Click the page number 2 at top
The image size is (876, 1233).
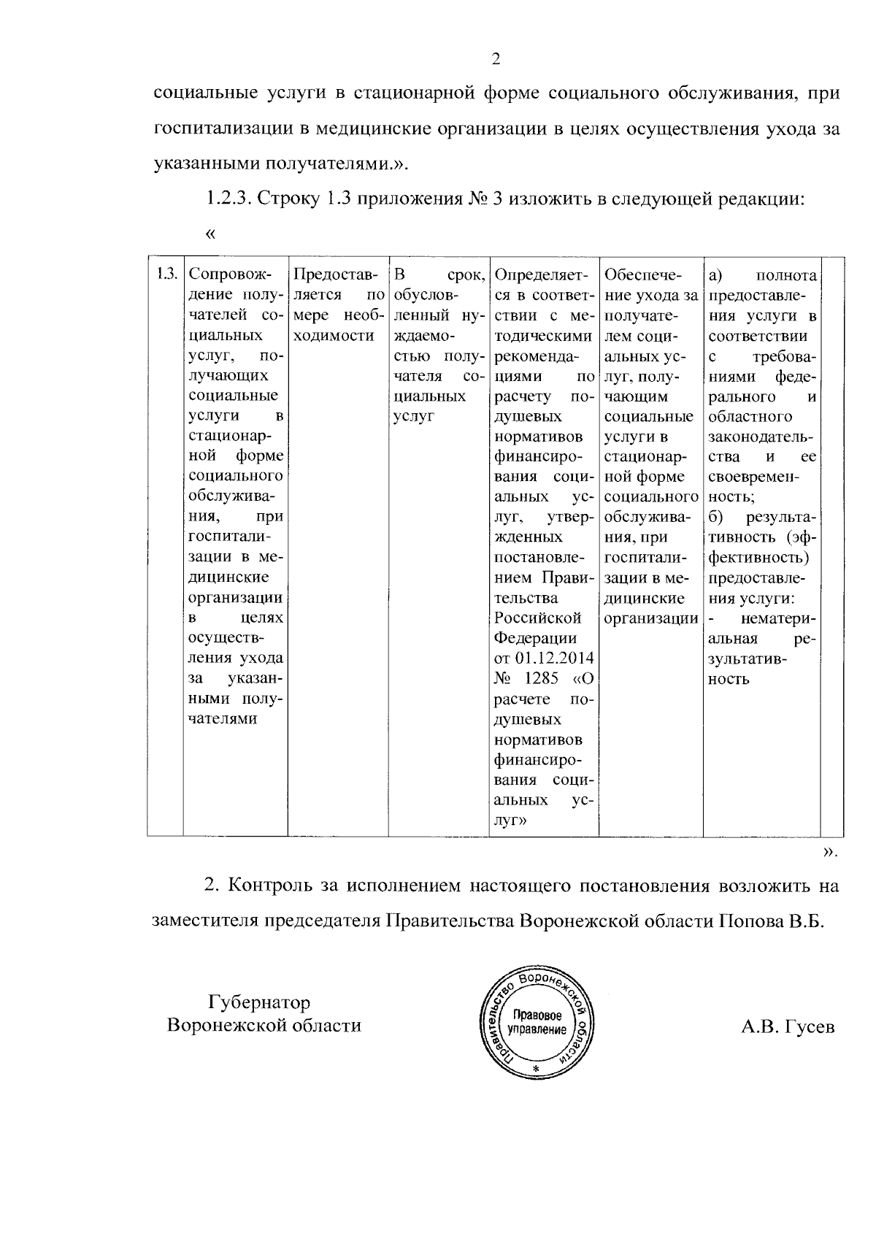click(x=496, y=59)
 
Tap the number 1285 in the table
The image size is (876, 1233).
click(x=542, y=678)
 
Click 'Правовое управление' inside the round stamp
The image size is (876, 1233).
click(x=539, y=1022)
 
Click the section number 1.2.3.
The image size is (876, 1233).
click(x=229, y=199)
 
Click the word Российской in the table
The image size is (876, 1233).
click(x=537, y=618)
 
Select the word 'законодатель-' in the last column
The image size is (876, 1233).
click(x=760, y=437)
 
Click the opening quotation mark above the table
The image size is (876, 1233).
click(x=211, y=234)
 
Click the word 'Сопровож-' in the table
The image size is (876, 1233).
click(x=229, y=275)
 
